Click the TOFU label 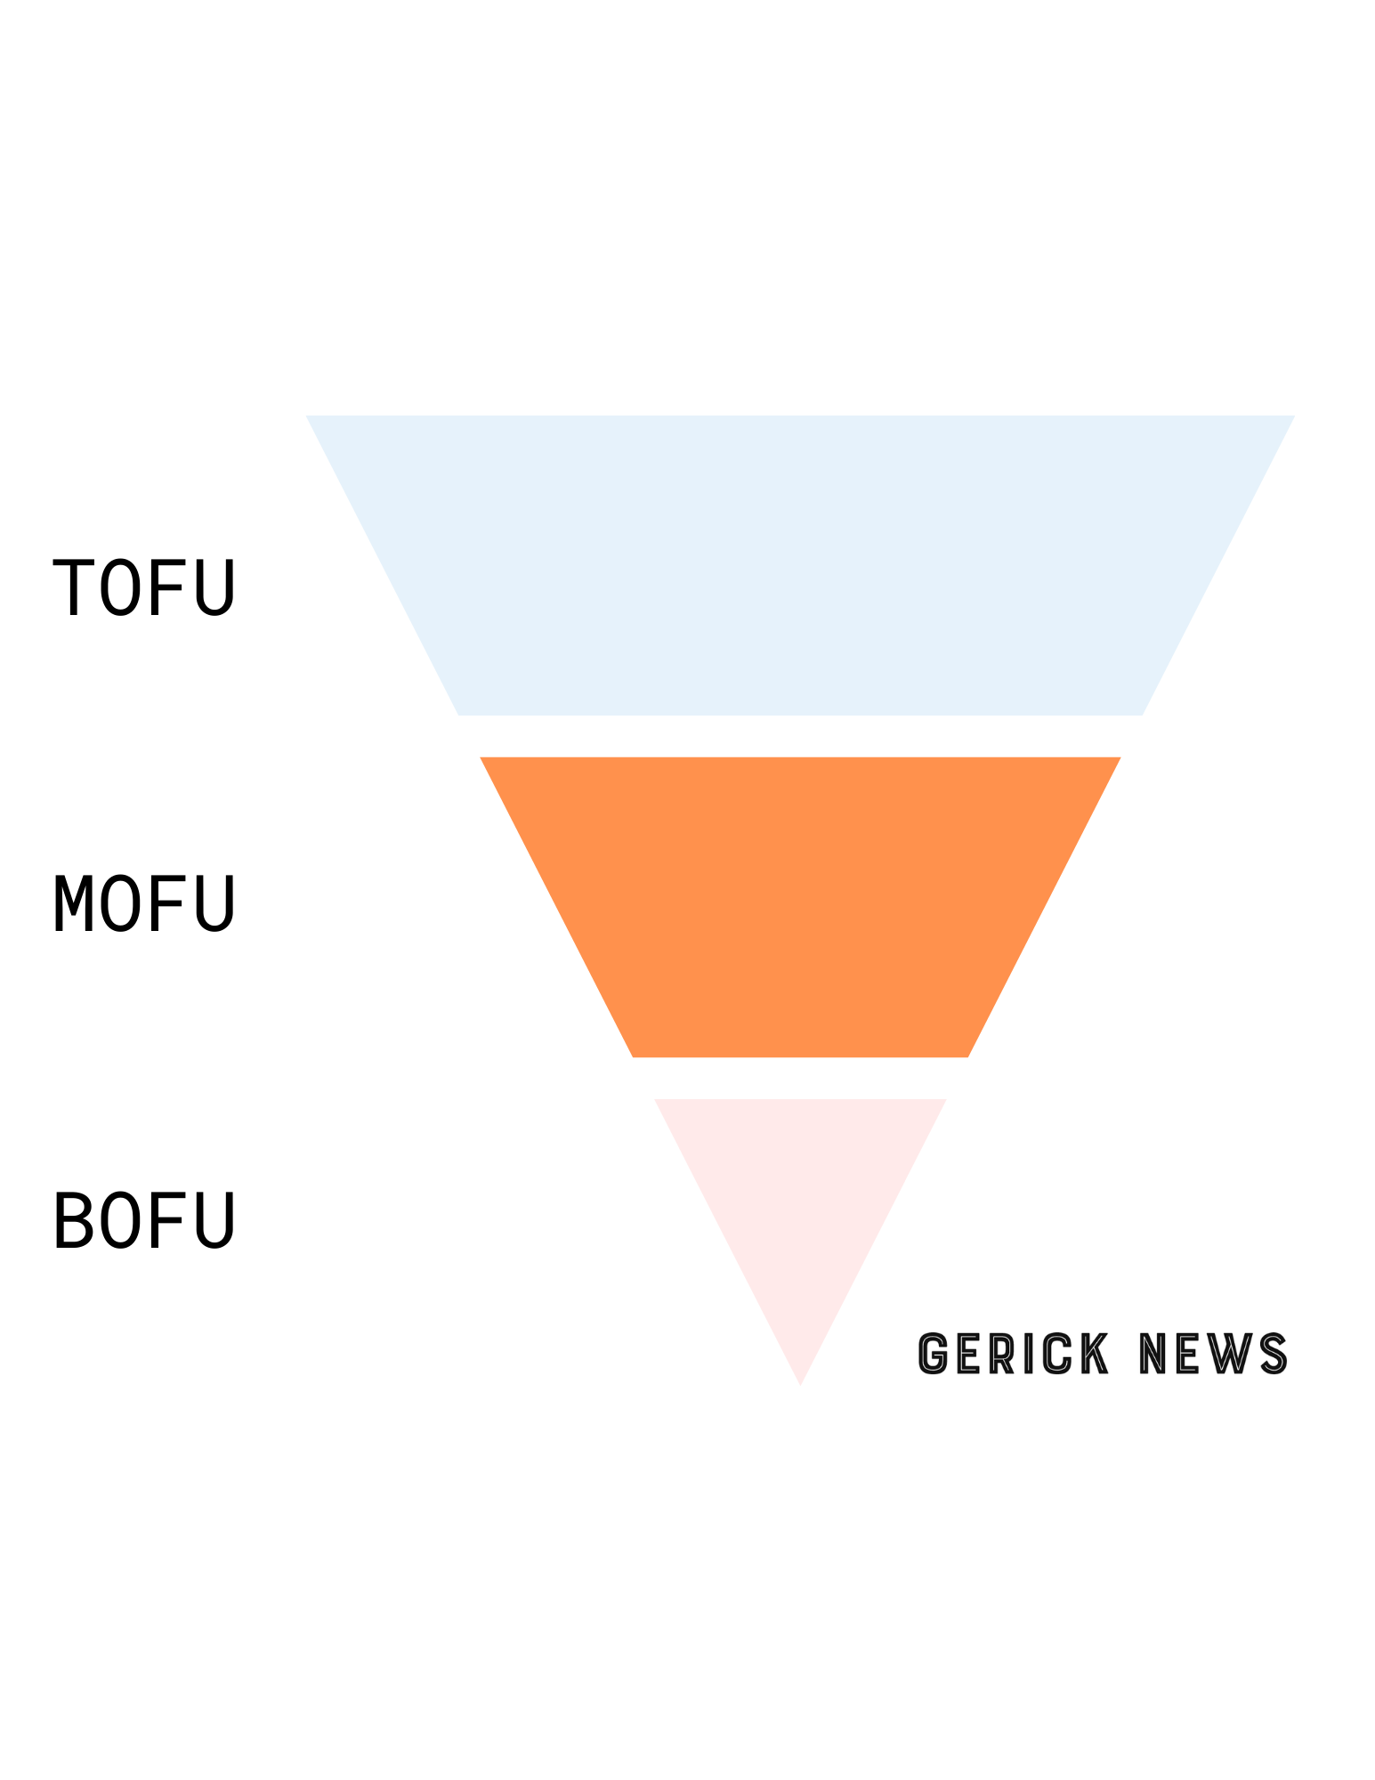pos(144,587)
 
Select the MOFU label pos(144,903)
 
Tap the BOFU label pos(144,1220)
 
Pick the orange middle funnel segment pos(799,906)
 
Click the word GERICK pos(1013,1354)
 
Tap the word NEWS pos(1213,1354)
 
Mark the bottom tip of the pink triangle pos(800,1382)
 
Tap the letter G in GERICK pos(932,1354)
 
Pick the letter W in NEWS pos(1229,1354)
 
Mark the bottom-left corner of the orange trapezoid pos(635,1055)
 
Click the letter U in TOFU pos(214,587)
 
